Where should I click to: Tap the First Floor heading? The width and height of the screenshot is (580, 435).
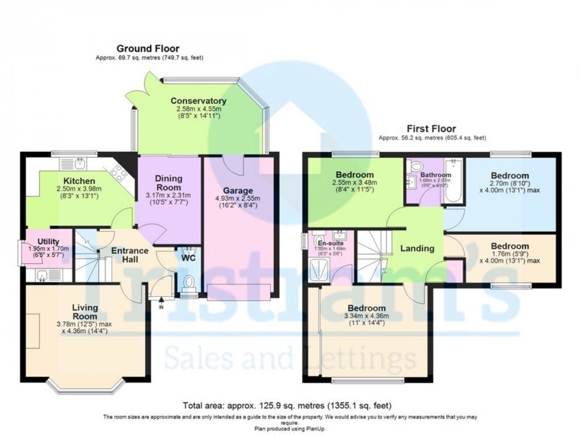[x=432, y=129]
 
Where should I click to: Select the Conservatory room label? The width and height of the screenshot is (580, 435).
[x=198, y=101]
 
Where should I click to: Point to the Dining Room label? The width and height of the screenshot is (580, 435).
[x=169, y=183]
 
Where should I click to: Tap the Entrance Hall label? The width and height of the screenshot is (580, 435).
[x=130, y=255]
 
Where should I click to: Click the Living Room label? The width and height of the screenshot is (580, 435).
[x=85, y=312]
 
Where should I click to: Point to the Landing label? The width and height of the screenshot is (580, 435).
[x=417, y=248]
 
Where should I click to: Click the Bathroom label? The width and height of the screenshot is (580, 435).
[x=436, y=175]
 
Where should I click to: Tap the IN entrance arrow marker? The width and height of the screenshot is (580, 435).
[x=161, y=301]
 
